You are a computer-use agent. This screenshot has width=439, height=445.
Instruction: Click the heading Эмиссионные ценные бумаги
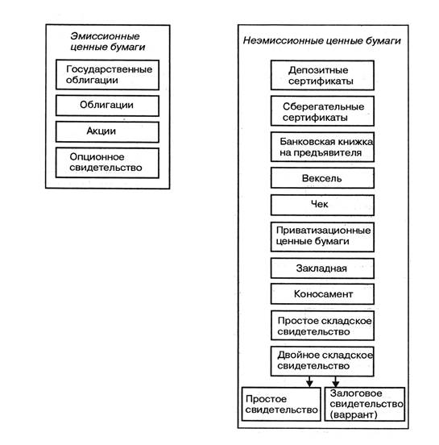point(108,41)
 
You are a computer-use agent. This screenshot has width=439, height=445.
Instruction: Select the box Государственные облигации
point(107,75)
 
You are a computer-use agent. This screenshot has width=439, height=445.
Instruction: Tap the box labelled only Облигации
point(107,106)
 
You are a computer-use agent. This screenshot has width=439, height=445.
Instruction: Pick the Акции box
point(107,131)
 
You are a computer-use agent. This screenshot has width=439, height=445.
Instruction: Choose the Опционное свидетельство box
point(107,163)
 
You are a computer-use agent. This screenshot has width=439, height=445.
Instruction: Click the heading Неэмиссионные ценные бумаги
point(322,40)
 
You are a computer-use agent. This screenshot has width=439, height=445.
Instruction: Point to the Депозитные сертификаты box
point(322,75)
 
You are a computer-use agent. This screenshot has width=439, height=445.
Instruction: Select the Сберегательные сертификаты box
point(322,111)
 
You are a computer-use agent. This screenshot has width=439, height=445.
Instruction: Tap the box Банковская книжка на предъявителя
point(322,147)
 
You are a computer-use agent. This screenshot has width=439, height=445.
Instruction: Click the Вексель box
point(322,178)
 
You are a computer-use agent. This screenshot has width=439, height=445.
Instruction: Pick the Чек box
point(322,205)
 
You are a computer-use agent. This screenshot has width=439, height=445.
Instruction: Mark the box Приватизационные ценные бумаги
point(322,237)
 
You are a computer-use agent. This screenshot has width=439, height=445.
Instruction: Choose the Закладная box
point(322,268)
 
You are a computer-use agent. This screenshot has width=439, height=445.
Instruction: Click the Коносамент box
point(322,293)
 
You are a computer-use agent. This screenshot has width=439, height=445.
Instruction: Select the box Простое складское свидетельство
point(322,326)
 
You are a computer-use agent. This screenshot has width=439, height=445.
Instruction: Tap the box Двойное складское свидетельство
point(322,361)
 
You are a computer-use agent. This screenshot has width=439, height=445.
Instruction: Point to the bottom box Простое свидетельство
point(281,404)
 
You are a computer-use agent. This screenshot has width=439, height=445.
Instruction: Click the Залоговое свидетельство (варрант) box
point(365,404)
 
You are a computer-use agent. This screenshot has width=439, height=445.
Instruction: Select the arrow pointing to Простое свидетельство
point(309,381)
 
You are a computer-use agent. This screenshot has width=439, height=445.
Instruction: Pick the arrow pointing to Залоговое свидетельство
point(336,381)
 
